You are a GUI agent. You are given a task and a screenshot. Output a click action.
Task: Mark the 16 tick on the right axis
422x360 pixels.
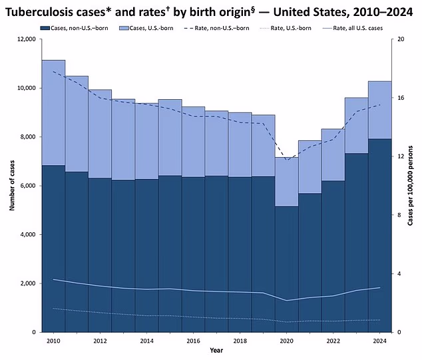401,98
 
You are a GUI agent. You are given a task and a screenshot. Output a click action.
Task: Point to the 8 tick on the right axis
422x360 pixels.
399,215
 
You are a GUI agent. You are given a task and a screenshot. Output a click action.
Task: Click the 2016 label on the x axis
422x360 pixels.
193,341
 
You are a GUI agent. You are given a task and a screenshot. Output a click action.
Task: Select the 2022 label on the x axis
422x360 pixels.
333,341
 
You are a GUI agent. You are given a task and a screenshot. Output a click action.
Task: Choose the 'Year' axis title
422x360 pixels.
216,350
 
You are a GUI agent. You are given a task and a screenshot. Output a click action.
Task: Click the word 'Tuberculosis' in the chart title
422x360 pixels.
44,11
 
